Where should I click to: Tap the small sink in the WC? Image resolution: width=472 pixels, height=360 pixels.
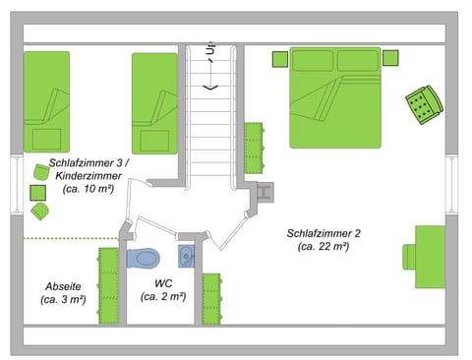188,257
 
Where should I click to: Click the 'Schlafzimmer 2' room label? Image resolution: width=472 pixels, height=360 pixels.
324,233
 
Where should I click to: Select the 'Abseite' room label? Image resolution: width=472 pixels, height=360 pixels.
63,286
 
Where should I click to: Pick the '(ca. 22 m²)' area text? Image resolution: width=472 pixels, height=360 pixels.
324,247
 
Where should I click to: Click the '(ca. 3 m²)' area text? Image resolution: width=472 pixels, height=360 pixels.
64,299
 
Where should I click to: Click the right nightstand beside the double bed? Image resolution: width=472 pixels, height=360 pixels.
390,58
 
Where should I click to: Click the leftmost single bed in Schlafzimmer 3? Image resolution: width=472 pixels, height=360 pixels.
45,98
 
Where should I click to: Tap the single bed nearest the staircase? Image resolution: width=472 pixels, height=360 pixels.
154,98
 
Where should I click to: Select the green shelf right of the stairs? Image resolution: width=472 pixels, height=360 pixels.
254,145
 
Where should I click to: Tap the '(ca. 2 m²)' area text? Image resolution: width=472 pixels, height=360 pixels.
163,296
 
